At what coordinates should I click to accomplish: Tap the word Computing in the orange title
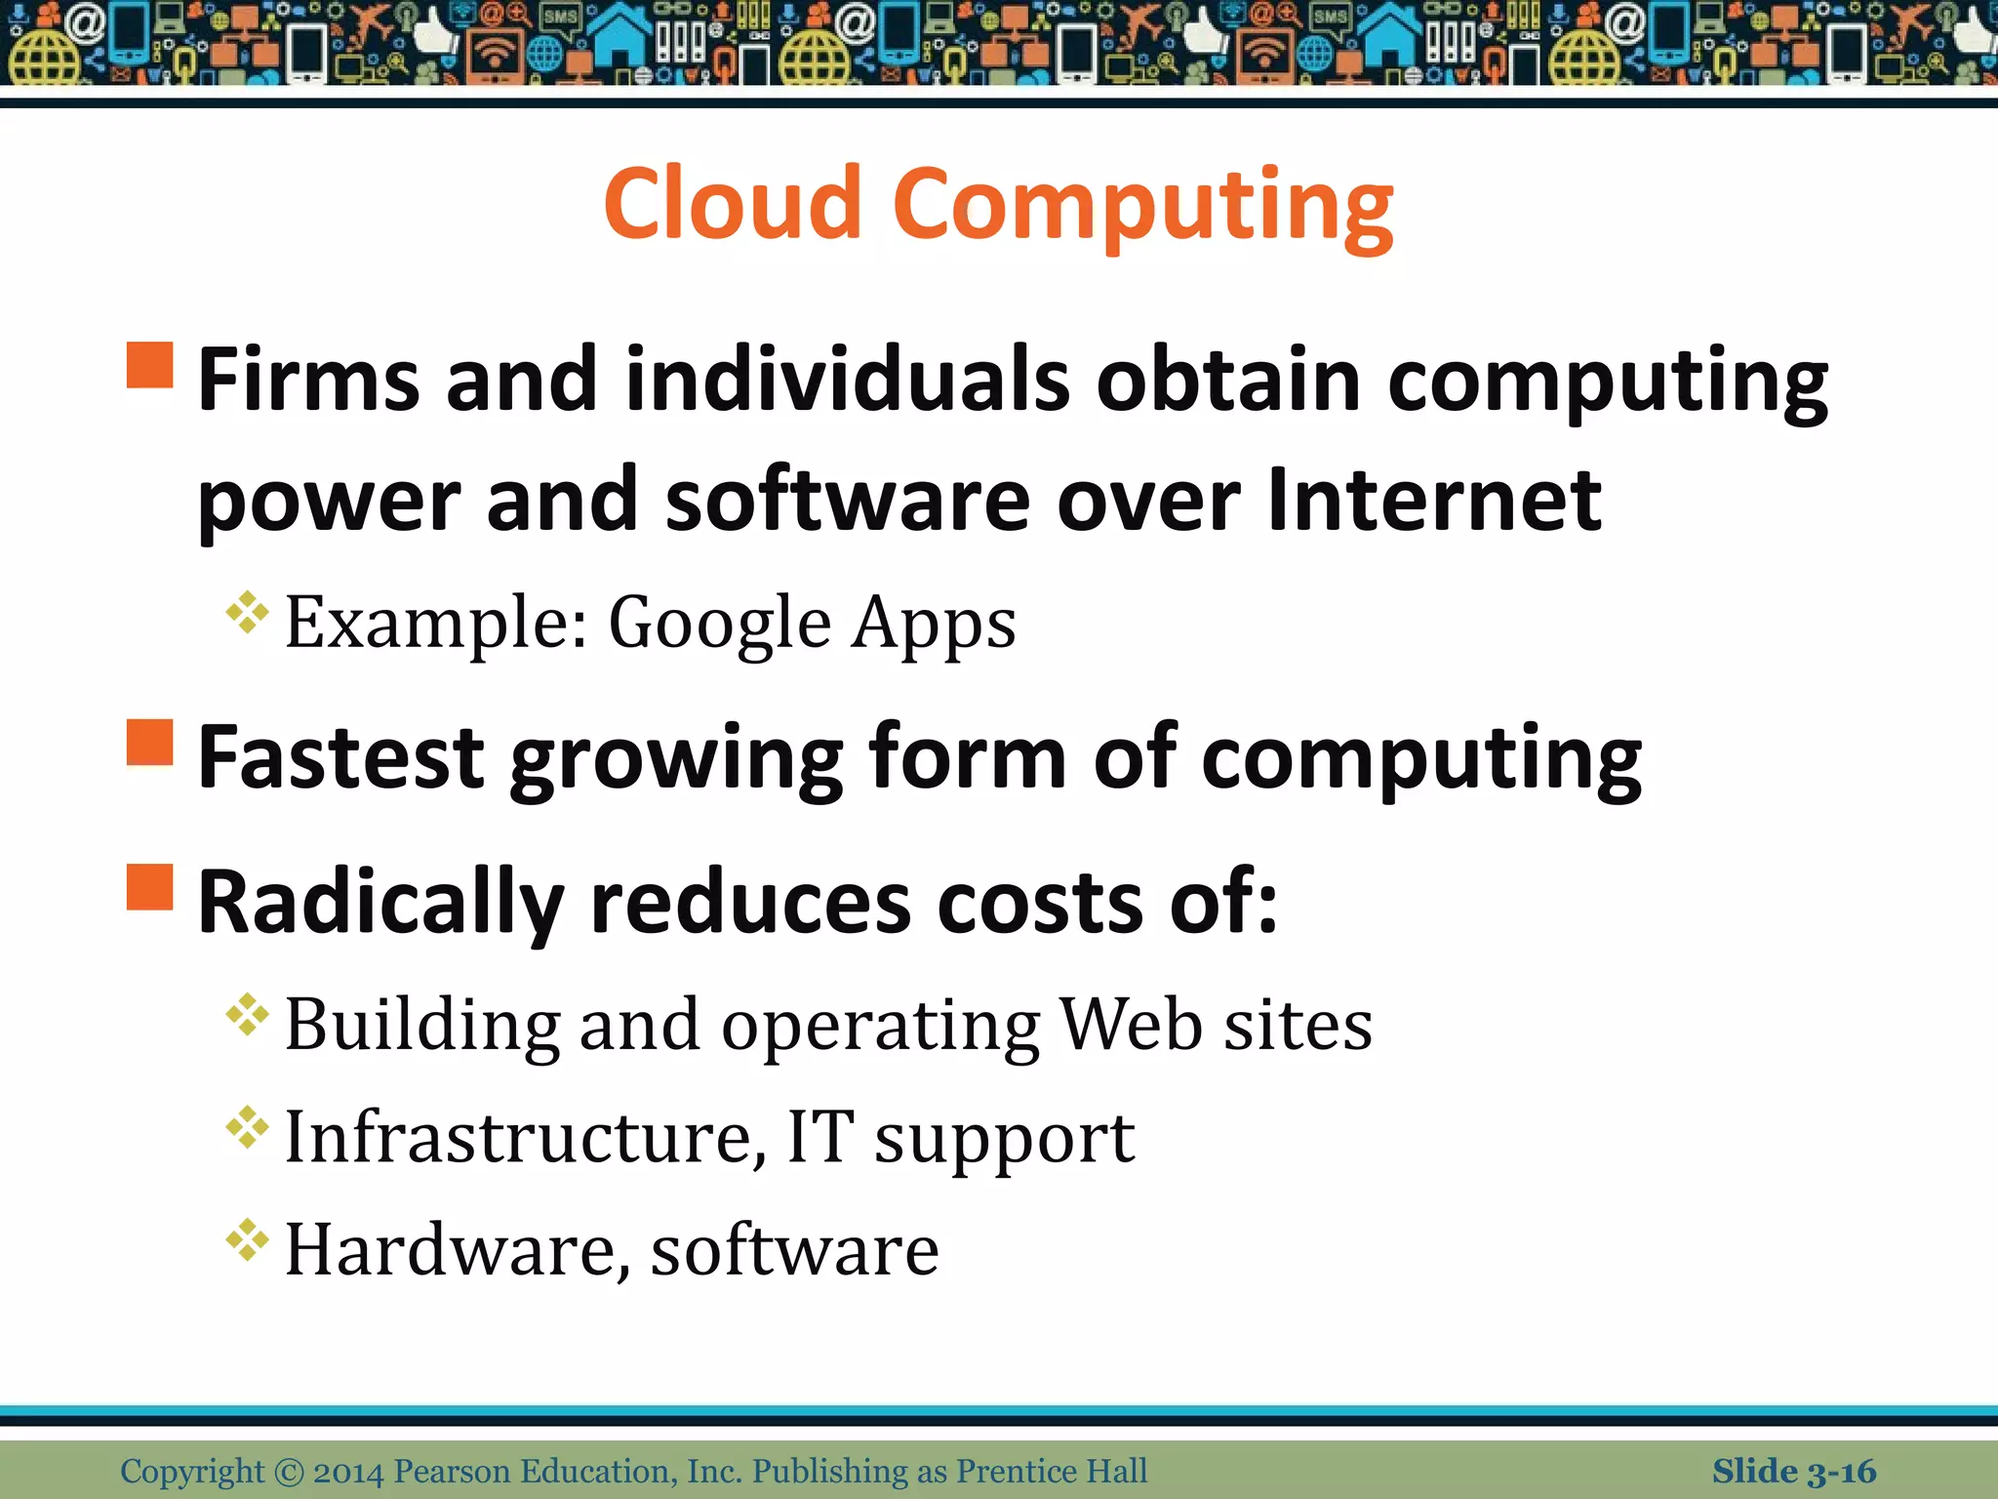pos(1142,207)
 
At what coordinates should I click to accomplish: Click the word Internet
pos(1434,500)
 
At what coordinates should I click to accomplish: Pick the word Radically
pos(380,904)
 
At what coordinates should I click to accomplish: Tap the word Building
pos(422,1027)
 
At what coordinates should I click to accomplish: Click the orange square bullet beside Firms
pos(150,365)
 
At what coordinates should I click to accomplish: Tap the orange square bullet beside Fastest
pos(150,743)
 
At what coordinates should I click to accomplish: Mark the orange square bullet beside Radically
pos(150,886)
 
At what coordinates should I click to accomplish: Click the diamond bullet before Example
pos(247,613)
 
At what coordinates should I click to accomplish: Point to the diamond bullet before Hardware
pos(247,1240)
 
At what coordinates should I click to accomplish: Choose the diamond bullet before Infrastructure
pos(247,1127)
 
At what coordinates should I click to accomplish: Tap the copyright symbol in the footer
pos(289,1472)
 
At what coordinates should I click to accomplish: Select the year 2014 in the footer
pos(348,1472)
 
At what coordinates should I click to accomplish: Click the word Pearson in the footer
pos(452,1472)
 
